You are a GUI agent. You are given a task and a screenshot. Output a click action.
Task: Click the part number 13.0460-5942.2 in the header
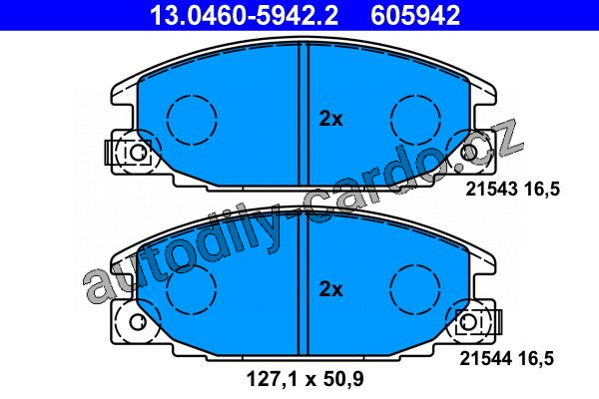tap(244, 15)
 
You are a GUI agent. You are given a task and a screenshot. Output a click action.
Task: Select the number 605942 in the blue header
tap(415, 15)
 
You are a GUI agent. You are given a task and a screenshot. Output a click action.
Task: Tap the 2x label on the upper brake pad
tap(330, 119)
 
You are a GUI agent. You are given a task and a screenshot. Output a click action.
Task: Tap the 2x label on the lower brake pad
tap(330, 289)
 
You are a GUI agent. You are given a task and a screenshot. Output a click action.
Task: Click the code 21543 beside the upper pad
tap(491, 189)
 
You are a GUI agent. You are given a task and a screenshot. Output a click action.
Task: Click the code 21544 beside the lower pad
tap(485, 358)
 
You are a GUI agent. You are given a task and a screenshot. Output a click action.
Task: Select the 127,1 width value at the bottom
tap(271, 379)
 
